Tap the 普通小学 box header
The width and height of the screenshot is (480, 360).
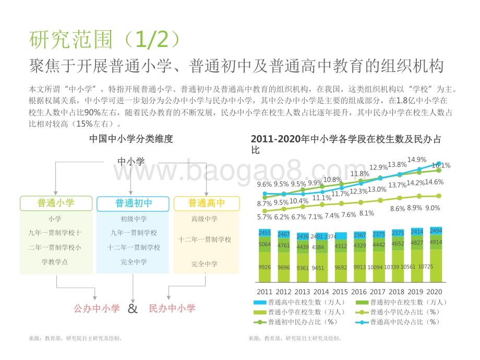coord(56,203)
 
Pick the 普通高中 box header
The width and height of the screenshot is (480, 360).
coord(207,203)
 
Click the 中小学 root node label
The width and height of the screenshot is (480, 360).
coord(131,162)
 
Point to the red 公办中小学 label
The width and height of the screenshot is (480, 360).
coord(97,308)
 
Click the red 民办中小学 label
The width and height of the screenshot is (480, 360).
coord(172,308)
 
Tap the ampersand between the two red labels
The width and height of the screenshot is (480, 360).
coord(133,308)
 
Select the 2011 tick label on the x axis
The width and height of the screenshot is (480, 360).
coord(265,292)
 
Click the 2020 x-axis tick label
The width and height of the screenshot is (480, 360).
coord(435,292)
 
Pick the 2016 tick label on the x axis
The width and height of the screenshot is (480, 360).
coord(359,292)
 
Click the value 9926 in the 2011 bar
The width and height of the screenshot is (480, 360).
coord(265,267)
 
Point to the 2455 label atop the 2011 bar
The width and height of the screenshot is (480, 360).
coord(265,233)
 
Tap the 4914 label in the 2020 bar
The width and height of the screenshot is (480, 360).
coord(435,243)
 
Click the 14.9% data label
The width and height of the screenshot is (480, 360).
coord(417,160)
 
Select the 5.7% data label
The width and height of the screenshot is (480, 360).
coord(265,217)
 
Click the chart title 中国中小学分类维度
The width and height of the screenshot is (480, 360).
coord(131,139)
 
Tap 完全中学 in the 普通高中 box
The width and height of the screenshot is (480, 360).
coord(205,264)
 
